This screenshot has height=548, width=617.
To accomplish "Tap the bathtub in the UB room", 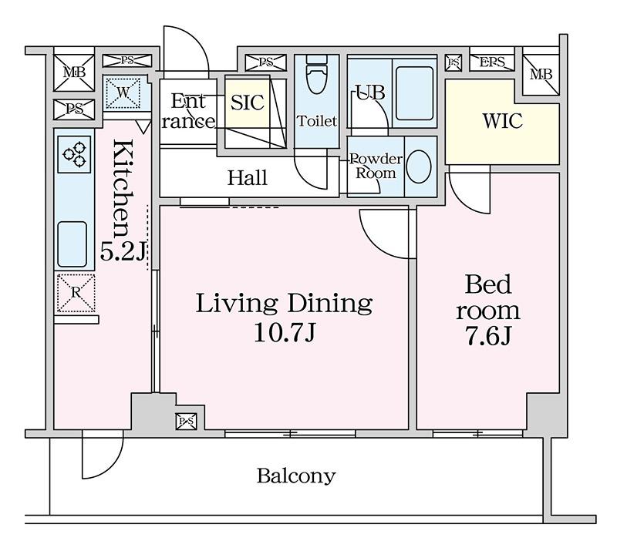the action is (x=414, y=93).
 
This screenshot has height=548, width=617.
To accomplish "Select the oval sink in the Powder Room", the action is (x=418, y=166).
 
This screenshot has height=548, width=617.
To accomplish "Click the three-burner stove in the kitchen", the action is (x=74, y=154).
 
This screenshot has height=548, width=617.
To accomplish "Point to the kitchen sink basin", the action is (x=72, y=244).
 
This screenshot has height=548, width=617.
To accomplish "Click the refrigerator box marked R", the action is (x=76, y=293).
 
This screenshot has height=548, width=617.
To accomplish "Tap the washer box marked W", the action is (x=123, y=92).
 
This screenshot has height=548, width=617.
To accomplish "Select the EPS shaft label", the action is (x=492, y=62).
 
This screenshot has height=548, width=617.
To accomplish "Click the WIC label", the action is (x=503, y=121).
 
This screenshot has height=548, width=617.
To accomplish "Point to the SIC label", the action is (x=247, y=103).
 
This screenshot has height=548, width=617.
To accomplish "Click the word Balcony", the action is (x=296, y=476).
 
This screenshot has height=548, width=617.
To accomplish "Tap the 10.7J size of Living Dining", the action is (x=285, y=333).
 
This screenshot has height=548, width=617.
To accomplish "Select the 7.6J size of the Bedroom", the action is (x=488, y=336).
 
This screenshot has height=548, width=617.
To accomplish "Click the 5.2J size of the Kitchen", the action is (x=123, y=251).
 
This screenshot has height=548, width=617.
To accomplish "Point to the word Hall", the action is (x=248, y=178).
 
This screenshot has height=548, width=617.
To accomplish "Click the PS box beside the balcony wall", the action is (x=186, y=422).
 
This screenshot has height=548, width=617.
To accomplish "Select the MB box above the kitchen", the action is (x=74, y=72).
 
